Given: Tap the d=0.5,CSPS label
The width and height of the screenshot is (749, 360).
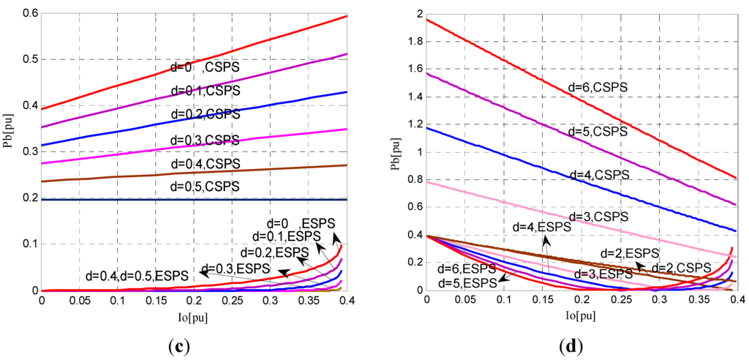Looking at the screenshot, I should point(206,187).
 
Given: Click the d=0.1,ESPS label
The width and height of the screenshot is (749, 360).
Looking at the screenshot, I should point(287,236).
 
